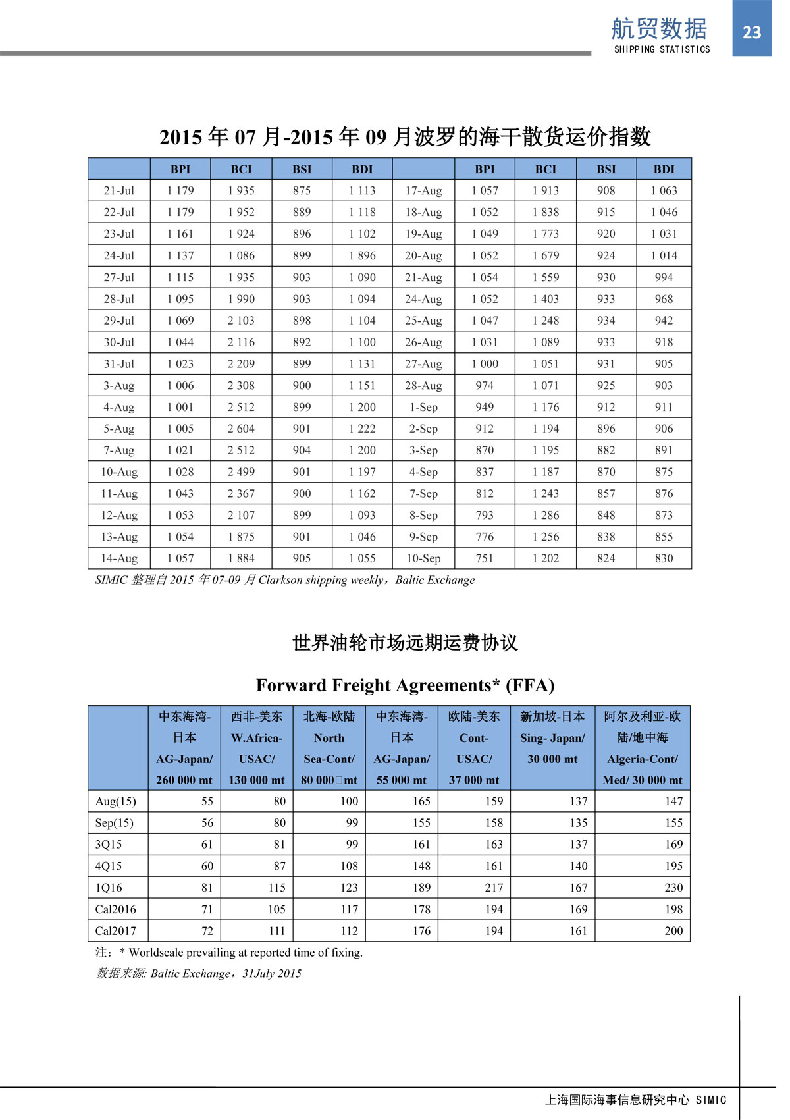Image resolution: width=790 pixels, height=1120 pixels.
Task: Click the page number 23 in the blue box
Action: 751,32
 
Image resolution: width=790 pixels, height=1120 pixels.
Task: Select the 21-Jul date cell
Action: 118,190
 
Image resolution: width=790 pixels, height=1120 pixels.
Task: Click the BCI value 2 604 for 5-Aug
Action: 241,429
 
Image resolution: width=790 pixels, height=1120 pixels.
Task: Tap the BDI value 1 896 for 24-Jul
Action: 362,255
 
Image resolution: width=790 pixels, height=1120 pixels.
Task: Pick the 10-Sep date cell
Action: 423,558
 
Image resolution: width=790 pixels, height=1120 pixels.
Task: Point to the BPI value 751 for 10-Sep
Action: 485,558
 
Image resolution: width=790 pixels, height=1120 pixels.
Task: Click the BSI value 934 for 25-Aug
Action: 606,321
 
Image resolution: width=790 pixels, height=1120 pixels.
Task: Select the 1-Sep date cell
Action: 423,407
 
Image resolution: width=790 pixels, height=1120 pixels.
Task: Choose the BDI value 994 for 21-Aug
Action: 664,277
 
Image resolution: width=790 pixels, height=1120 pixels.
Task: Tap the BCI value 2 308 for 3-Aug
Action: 241,385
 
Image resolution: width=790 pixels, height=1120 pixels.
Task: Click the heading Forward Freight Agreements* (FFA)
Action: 405,685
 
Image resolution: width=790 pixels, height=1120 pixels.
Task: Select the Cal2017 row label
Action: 116,931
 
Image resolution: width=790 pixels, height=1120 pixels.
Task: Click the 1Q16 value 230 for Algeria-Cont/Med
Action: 673,888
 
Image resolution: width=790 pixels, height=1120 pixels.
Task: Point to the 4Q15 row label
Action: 109,866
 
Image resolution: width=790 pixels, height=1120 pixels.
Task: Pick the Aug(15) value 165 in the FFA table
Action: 421,801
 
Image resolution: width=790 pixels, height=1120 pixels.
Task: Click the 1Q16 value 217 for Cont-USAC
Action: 494,888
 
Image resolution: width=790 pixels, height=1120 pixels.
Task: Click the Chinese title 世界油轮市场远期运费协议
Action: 405,643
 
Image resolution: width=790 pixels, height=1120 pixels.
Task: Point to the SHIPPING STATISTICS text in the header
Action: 662,49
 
